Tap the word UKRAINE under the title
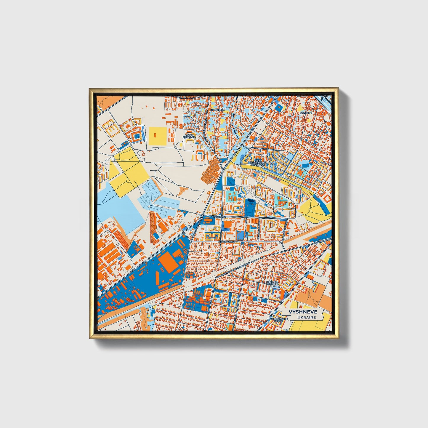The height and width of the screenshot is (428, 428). click(307, 317)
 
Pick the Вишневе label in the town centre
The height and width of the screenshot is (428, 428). click(219, 217)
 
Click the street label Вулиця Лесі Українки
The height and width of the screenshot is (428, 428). click(230, 241)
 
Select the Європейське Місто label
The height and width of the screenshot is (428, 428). click(278, 319)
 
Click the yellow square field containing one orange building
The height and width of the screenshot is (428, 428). click(157, 136)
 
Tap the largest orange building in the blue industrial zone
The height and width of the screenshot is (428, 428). click(168, 261)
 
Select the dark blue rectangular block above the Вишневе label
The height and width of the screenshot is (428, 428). click(250, 207)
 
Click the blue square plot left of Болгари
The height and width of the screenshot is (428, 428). click(278, 108)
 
